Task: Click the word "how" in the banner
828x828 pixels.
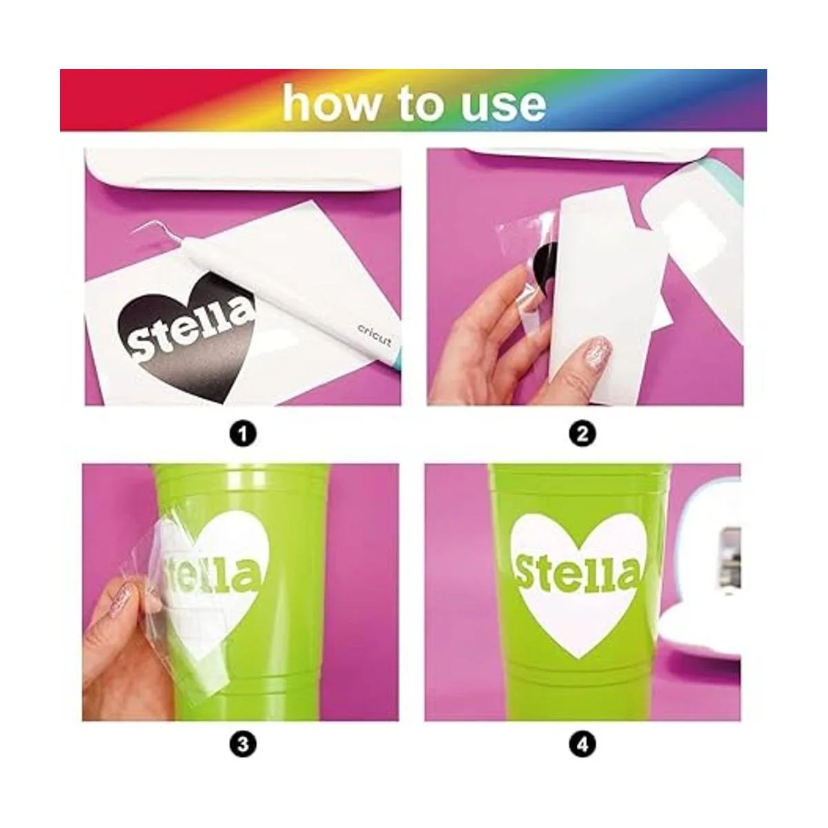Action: (332, 103)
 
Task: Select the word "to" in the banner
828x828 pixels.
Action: (421, 104)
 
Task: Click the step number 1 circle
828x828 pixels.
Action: (243, 435)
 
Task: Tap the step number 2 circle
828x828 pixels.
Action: (582, 435)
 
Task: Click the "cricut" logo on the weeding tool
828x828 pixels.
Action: (375, 335)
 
